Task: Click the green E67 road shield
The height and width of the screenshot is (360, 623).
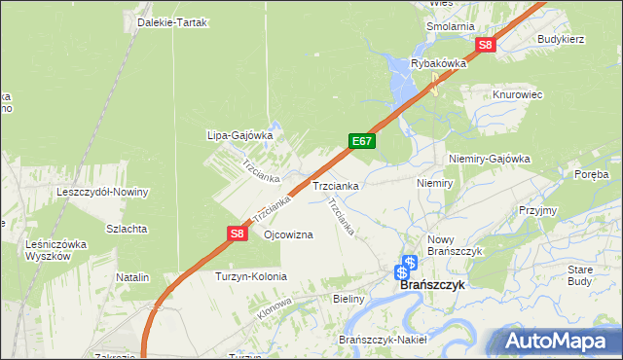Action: click(362, 141)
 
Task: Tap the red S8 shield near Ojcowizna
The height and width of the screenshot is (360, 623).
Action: click(238, 234)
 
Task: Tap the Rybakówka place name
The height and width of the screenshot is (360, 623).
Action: click(439, 63)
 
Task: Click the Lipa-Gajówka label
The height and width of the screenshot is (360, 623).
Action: click(238, 136)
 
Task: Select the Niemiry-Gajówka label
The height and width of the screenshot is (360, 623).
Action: click(489, 159)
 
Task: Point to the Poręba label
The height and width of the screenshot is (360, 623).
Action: click(591, 174)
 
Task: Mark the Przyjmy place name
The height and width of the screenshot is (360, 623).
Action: click(537, 210)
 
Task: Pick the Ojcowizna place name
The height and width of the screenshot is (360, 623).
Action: click(288, 235)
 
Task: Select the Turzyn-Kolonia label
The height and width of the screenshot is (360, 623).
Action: click(251, 276)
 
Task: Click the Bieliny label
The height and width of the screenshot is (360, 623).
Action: click(348, 300)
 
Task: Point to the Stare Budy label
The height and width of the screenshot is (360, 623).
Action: click(579, 274)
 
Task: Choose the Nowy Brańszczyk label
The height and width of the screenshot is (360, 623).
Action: click(456, 245)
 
